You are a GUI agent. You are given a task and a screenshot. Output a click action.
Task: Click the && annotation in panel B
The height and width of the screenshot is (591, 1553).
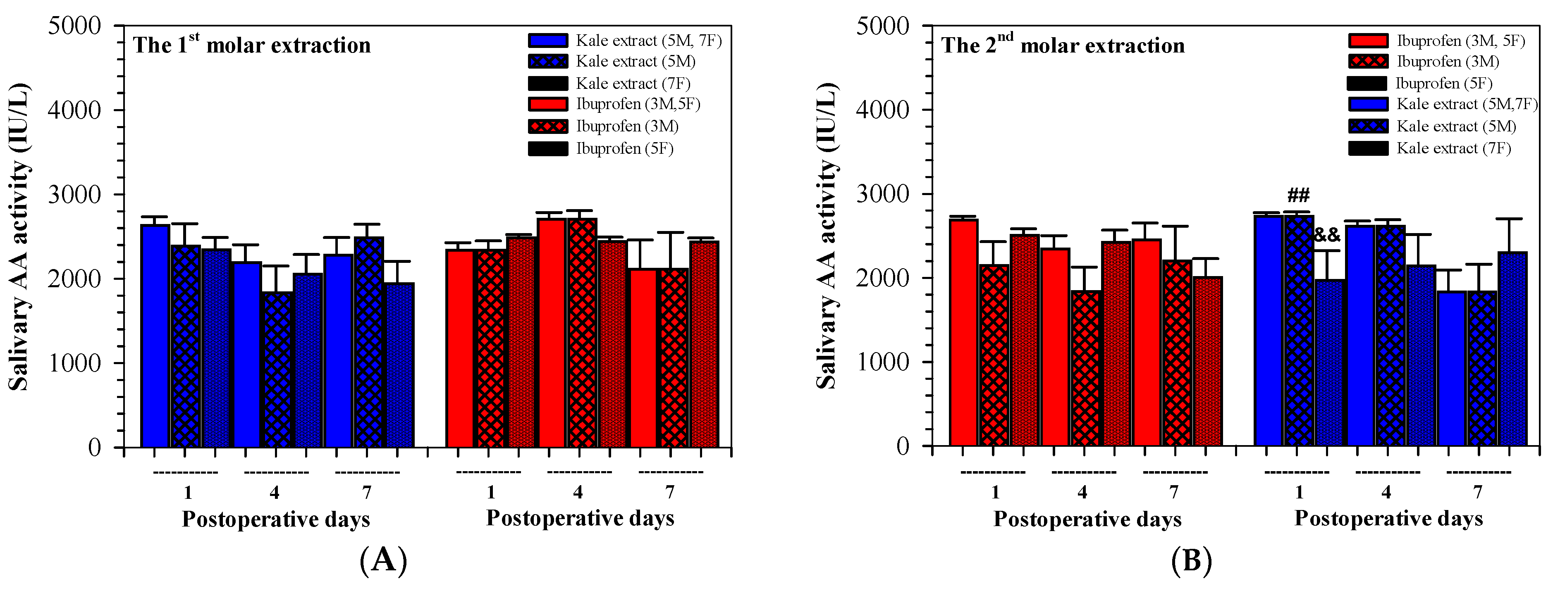pyautogui.click(x=1327, y=235)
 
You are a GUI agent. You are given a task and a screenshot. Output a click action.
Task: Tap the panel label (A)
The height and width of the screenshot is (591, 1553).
pyautogui.click(x=383, y=560)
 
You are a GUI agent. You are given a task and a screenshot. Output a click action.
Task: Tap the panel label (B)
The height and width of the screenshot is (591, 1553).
pyautogui.click(x=1191, y=560)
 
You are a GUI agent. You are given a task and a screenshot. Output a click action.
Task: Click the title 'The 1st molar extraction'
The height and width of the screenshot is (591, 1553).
pyautogui.click(x=251, y=45)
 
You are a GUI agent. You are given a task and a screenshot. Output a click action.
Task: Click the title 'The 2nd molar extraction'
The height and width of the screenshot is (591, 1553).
pyautogui.click(x=1063, y=45)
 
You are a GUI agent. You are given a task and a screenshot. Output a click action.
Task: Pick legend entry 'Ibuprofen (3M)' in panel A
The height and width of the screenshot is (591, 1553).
pyautogui.click(x=627, y=126)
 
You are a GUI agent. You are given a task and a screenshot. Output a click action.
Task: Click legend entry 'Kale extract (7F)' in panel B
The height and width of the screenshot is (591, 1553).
pyautogui.click(x=1453, y=148)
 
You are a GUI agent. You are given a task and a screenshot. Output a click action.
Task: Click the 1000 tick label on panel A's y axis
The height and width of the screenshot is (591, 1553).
pyautogui.click(x=75, y=363)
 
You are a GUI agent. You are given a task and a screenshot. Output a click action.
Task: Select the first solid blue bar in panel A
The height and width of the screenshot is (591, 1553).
pyautogui.click(x=155, y=336)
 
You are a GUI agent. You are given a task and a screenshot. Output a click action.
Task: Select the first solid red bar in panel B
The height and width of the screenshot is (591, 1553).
pyautogui.click(x=963, y=333)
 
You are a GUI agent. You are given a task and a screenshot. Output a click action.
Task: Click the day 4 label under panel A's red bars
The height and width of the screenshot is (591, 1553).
pyautogui.click(x=578, y=492)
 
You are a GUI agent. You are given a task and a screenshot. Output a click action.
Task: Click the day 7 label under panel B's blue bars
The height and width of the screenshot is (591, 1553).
pyautogui.click(x=1478, y=492)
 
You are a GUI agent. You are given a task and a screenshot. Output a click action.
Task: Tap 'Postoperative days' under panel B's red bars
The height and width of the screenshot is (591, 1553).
pyautogui.click(x=1087, y=519)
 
